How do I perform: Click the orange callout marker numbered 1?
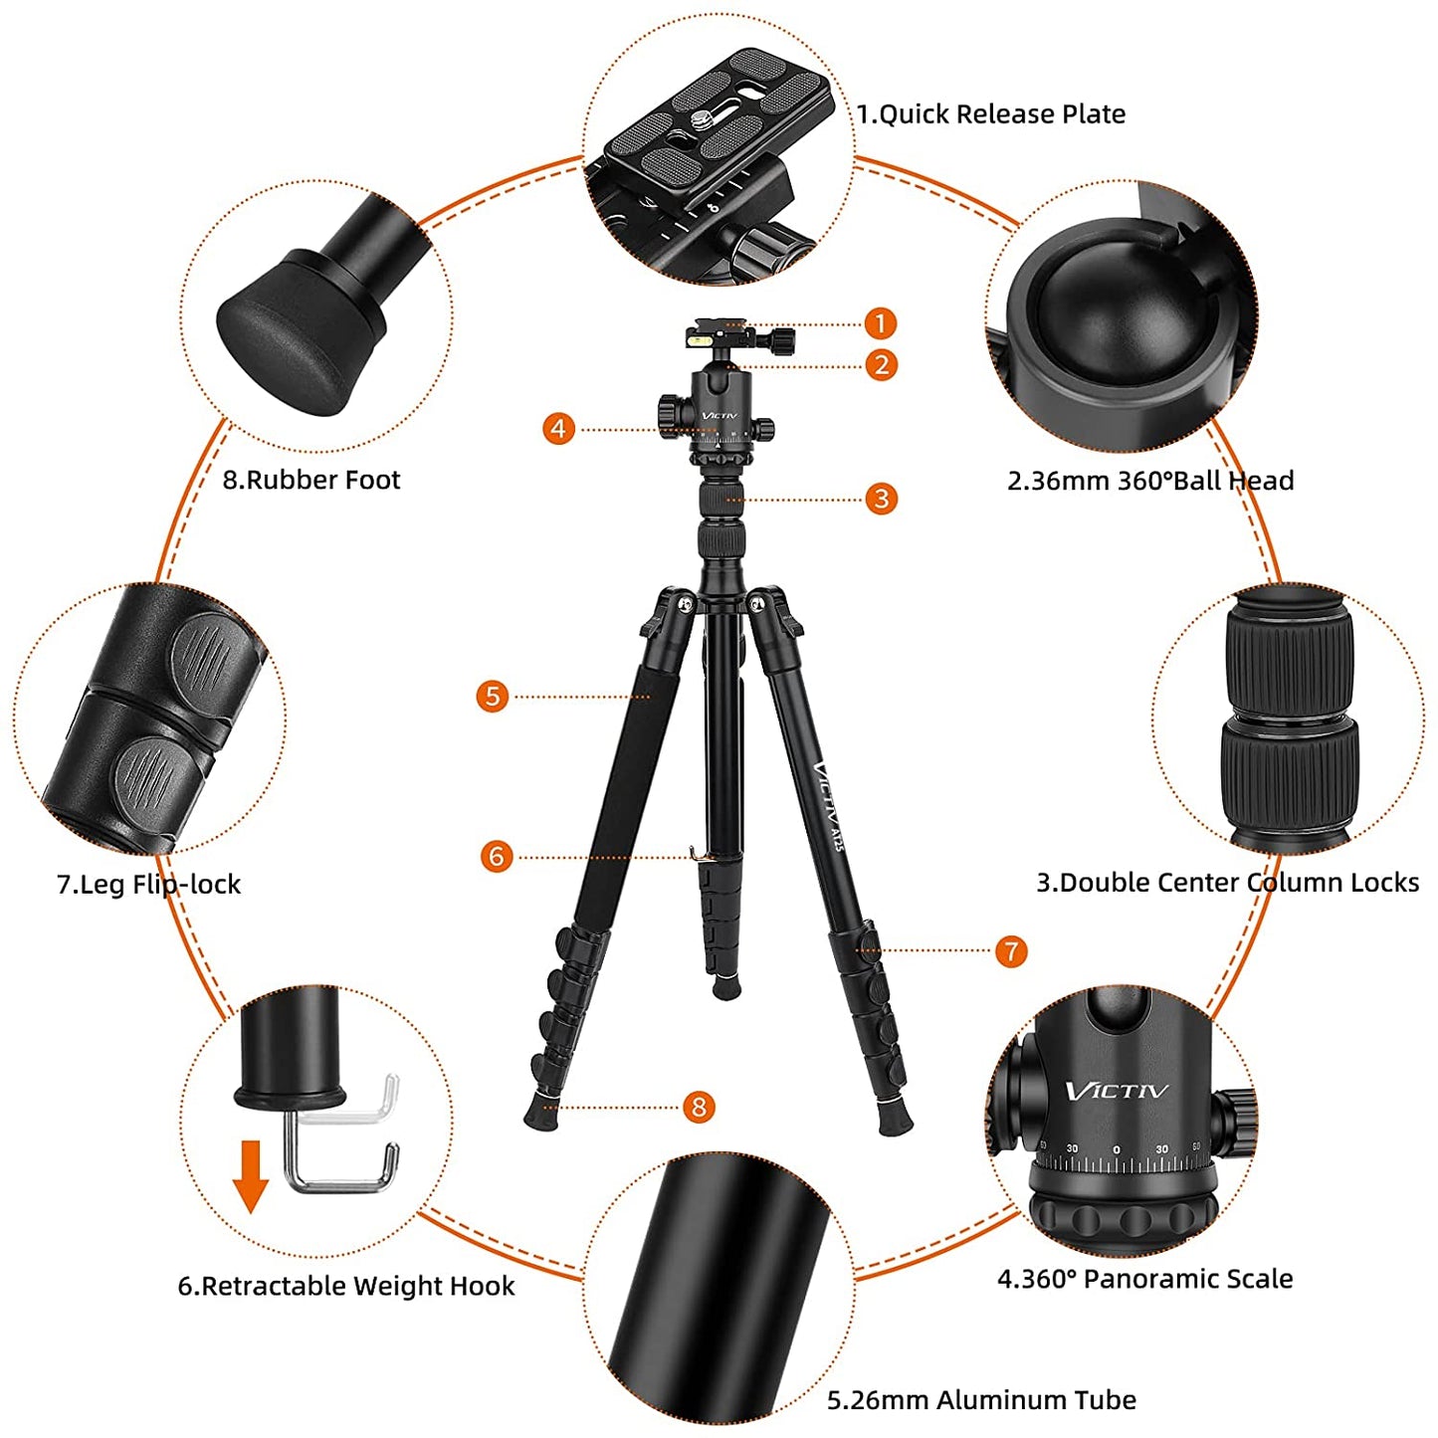click(880, 323)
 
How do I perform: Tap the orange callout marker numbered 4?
click(558, 429)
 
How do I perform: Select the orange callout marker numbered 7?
click(1011, 950)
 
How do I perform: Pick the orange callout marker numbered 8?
click(699, 1107)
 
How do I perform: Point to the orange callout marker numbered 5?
click(493, 696)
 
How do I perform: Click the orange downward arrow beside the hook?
click(251, 1175)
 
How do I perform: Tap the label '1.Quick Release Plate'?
click(991, 114)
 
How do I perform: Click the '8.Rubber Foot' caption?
click(310, 480)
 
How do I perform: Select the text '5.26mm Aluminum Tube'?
click(981, 1400)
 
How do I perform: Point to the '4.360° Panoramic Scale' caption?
click(1144, 1279)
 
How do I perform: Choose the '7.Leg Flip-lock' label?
click(148, 884)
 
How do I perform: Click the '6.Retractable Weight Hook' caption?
click(346, 1286)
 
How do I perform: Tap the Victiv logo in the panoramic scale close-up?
click(1117, 1092)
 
